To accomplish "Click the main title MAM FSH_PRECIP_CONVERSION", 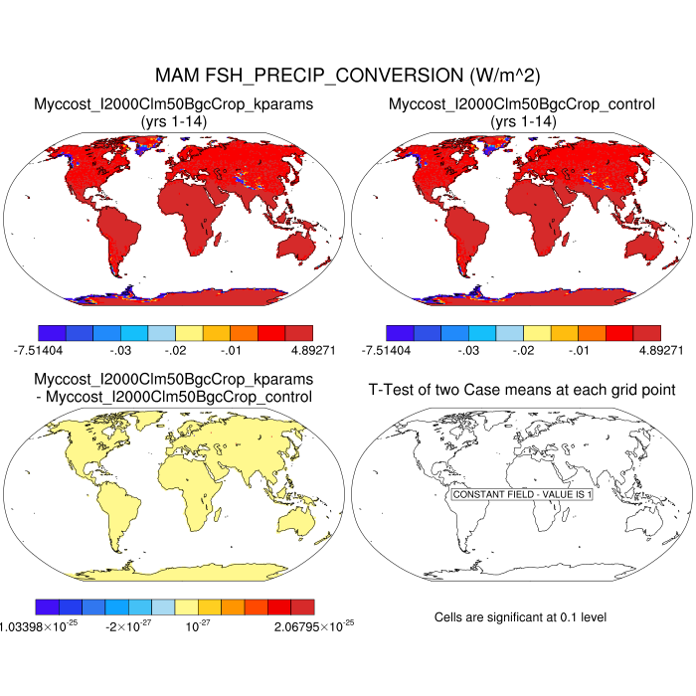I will click(348, 76).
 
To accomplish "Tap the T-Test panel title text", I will click(521, 389).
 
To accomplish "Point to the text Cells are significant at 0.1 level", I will click(520, 617).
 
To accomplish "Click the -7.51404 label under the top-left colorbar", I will click(36, 351).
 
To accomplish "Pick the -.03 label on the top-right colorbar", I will click(467, 351).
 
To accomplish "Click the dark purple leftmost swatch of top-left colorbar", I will click(51, 333).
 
